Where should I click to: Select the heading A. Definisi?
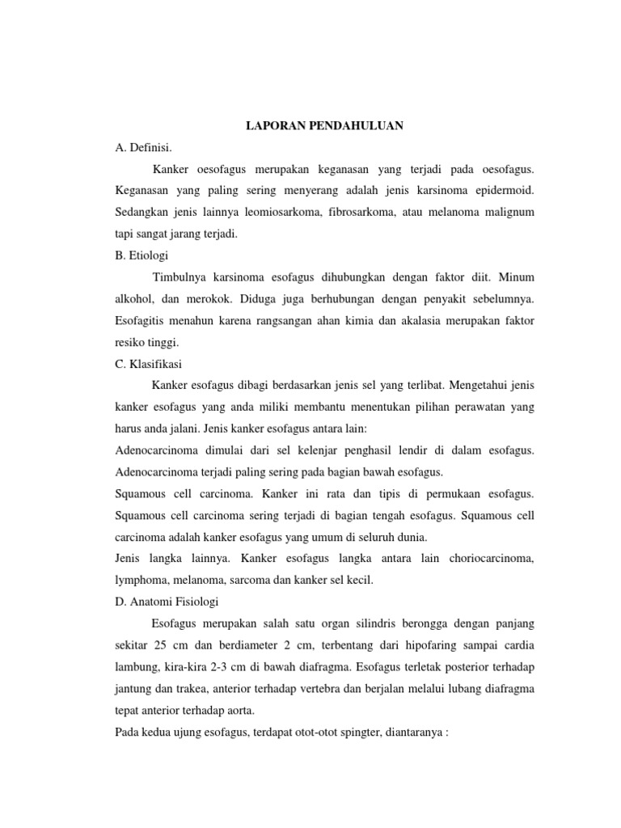click(x=145, y=148)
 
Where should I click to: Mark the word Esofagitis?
click(x=144, y=321)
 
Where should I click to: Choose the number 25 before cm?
click(x=164, y=647)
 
